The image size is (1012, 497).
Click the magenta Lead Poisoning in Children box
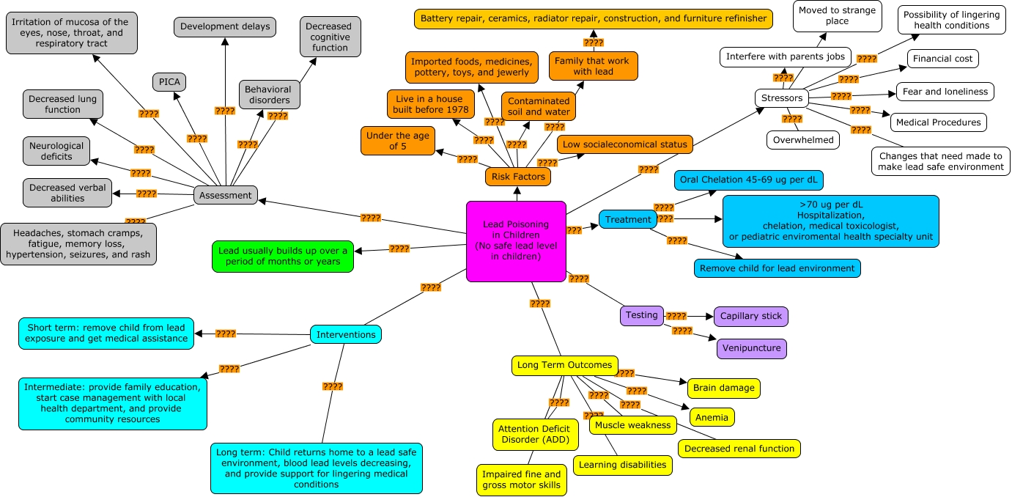coord(516,241)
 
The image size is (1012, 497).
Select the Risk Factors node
coord(517,177)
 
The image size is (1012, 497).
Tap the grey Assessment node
coord(226,195)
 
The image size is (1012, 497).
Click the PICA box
coord(169,81)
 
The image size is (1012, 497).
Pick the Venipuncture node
coord(751,348)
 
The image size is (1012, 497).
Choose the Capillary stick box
coord(750,317)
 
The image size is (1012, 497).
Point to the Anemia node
coord(711,418)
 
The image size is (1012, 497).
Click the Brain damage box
coord(723,388)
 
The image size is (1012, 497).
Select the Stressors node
coord(782,98)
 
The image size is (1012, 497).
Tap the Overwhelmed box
coord(802,140)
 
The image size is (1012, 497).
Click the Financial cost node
coord(942,59)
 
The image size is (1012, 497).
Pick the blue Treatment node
coord(627,219)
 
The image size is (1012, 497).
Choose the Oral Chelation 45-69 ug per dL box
coord(749,180)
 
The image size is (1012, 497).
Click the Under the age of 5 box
coord(398,141)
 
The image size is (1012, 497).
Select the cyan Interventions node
coord(346,335)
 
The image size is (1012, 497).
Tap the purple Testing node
coord(641,315)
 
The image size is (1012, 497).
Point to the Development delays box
coord(225,27)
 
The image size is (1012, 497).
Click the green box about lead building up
coord(282,256)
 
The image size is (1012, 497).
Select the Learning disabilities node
coord(622,465)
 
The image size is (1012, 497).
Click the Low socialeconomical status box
coord(625,144)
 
